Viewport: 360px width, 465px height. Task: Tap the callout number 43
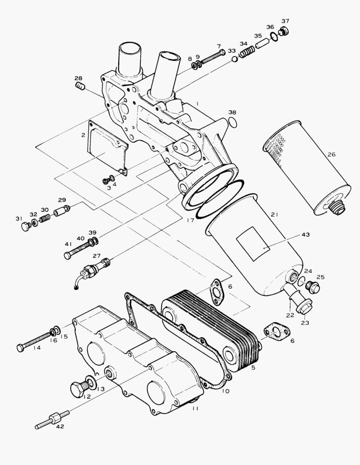pyautogui.click(x=305, y=235)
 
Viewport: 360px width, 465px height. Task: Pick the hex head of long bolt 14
pyautogui.click(x=20, y=347)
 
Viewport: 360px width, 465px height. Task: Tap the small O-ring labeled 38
pyautogui.click(x=232, y=122)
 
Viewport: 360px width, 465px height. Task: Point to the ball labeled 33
pyautogui.click(x=234, y=59)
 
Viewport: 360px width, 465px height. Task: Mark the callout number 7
pyautogui.click(x=218, y=46)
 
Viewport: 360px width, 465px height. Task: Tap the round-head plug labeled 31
pyautogui.click(x=25, y=226)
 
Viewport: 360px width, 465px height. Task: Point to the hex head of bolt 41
pyautogui.click(x=67, y=256)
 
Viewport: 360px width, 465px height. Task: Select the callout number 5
pyautogui.click(x=253, y=368)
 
